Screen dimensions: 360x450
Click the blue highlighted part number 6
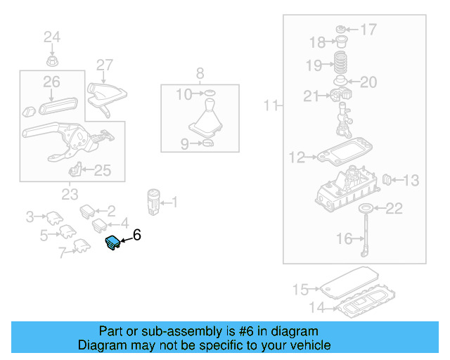[x=112, y=243]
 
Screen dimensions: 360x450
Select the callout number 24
[x=53, y=37]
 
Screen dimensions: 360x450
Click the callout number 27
[x=105, y=65]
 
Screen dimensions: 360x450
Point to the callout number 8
[x=200, y=72]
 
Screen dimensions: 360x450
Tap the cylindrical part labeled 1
[x=153, y=200]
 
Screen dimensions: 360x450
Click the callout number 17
[x=369, y=30]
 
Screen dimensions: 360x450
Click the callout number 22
[x=394, y=208]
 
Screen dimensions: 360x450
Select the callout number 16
[x=344, y=239]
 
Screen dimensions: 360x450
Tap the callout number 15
[x=300, y=289]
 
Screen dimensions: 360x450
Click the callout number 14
[x=317, y=307]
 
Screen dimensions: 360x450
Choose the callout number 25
[x=103, y=169]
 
